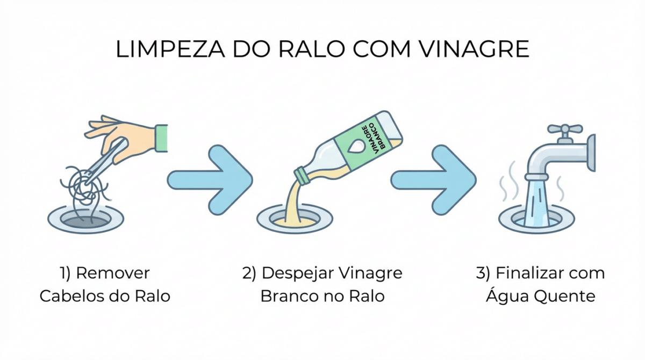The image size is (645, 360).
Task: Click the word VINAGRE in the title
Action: pyautogui.click(x=474, y=49)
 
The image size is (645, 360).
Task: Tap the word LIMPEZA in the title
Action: pyautogui.click(x=170, y=49)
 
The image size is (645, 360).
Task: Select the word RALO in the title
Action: pyautogui.click(x=312, y=49)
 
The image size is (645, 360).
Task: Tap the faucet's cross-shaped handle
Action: pyautogui.click(x=565, y=129)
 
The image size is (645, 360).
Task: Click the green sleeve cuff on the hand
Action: pyautogui.click(x=161, y=138)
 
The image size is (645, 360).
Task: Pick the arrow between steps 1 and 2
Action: pyautogui.click(x=210, y=180)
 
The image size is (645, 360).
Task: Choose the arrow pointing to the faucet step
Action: pyautogui.click(x=433, y=180)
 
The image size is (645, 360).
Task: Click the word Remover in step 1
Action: pyautogui.click(x=113, y=273)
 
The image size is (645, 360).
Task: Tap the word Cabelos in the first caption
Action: pyautogui.click(x=71, y=296)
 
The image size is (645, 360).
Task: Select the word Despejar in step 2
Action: pyautogui.click(x=298, y=273)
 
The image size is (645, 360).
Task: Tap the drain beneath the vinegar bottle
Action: pyautogui.click(x=295, y=219)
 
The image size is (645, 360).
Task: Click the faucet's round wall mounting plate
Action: pyautogui.click(x=591, y=153)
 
